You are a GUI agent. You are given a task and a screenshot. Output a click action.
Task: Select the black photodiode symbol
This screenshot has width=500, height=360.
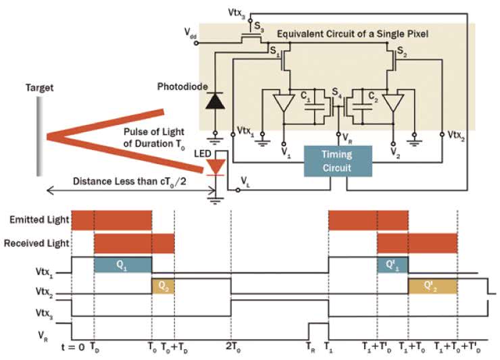(x=215, y=101)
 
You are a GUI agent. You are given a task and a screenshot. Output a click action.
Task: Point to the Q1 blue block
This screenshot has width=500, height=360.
(x=122, y=265)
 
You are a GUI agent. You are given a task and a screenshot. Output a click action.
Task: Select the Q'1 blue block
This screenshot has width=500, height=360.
(x=392, y=265)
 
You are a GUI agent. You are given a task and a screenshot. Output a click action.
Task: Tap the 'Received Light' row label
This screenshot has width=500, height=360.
(x=37, y=241)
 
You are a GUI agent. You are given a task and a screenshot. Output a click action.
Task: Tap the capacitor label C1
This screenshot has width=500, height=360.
(x=307, y=99)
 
